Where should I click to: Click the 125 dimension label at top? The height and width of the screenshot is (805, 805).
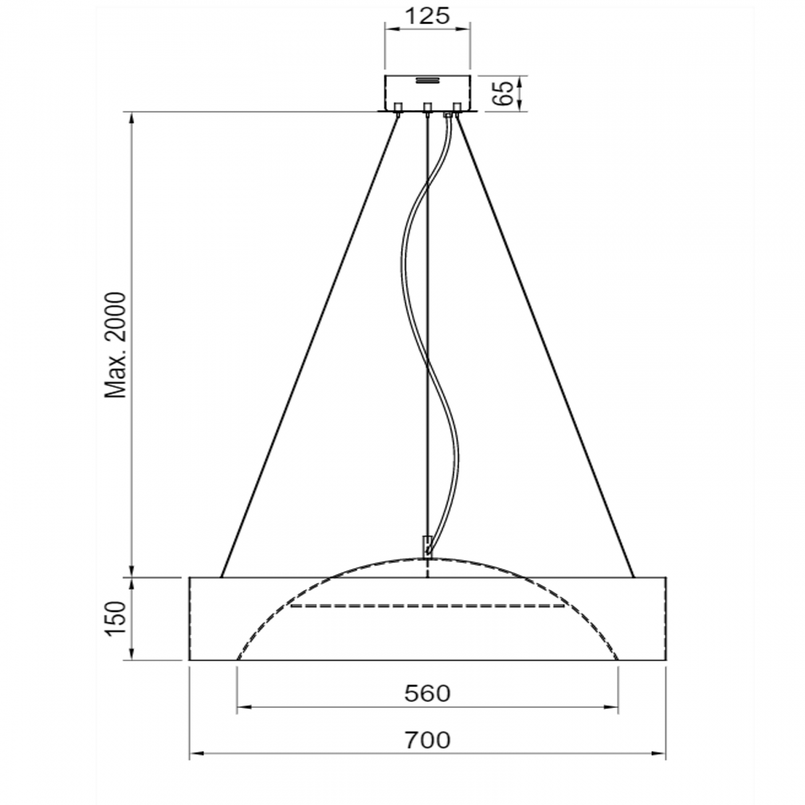(x=427, y=15)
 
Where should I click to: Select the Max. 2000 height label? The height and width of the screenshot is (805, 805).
(x=116, y=345)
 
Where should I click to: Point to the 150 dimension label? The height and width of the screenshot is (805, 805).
(x=116, y=618)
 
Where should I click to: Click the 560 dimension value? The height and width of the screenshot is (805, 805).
(x=427, y=694)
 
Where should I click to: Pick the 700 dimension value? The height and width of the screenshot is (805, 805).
(x=427, y=739)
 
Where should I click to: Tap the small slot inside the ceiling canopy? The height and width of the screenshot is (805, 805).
(x=427, y=80)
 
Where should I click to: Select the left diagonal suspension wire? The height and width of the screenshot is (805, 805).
(x=310, y=347)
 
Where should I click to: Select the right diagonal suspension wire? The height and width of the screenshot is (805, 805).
(x=545, y=347)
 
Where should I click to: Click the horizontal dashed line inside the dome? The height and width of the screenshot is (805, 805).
(x=427, y=606)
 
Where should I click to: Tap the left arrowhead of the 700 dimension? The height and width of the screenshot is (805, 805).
(x=193, y=754)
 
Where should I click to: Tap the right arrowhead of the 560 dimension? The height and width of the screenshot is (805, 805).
(x=614, y=706)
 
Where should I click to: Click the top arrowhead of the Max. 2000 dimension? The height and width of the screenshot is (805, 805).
(x=131, y=118)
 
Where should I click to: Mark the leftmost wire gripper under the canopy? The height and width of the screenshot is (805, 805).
(x=398, y=109)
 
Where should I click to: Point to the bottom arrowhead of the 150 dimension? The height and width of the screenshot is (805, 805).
(x=131, y=655)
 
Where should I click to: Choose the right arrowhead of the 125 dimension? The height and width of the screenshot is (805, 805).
(x=465, y=28)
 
